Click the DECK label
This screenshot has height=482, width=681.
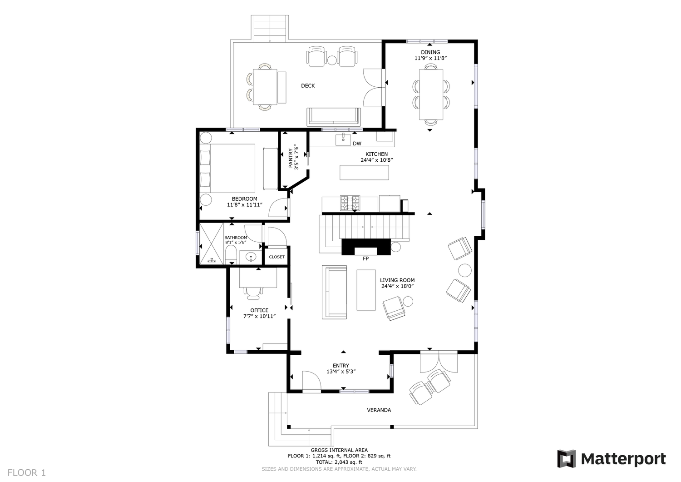coord(308,86)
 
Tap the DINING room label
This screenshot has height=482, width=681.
coord(430,52)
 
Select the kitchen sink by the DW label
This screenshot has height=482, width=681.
coord(343,139)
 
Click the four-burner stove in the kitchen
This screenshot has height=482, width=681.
coord(350,203)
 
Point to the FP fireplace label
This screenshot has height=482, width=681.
coord(365,258)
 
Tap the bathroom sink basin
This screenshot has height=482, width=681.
coord(251,257)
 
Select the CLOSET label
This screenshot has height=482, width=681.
coord(276,257)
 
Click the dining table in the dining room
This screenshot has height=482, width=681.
coord(431,94)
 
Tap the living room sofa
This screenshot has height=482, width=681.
coord(334,292)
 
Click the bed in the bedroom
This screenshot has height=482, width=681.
coord(227,168)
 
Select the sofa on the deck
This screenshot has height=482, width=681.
coord(334,117)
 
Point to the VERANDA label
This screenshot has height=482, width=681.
coord(379,410)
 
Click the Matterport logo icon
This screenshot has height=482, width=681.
coord(567,458)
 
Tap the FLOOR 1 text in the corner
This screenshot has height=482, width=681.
coord(26,472)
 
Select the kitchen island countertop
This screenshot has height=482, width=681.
coord(364,173)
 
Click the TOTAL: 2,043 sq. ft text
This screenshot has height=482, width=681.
coord(339,462)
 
